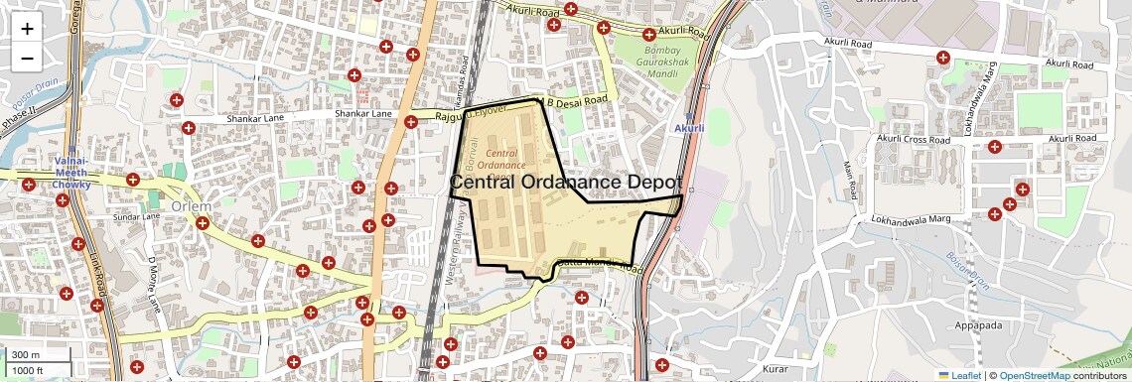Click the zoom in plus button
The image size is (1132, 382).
(27, 29)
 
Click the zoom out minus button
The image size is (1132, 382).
(27, 58)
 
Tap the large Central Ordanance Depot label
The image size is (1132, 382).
(566, 183)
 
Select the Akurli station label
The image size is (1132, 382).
(689, 128)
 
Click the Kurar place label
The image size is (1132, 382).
(777, 369)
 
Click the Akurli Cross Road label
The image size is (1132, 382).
(914, 139)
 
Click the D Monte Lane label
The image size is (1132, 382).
(155, 285)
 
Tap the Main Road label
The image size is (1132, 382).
(849, 179)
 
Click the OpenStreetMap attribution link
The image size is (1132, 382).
(1034, 375)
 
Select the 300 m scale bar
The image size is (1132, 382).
(27, 355)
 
